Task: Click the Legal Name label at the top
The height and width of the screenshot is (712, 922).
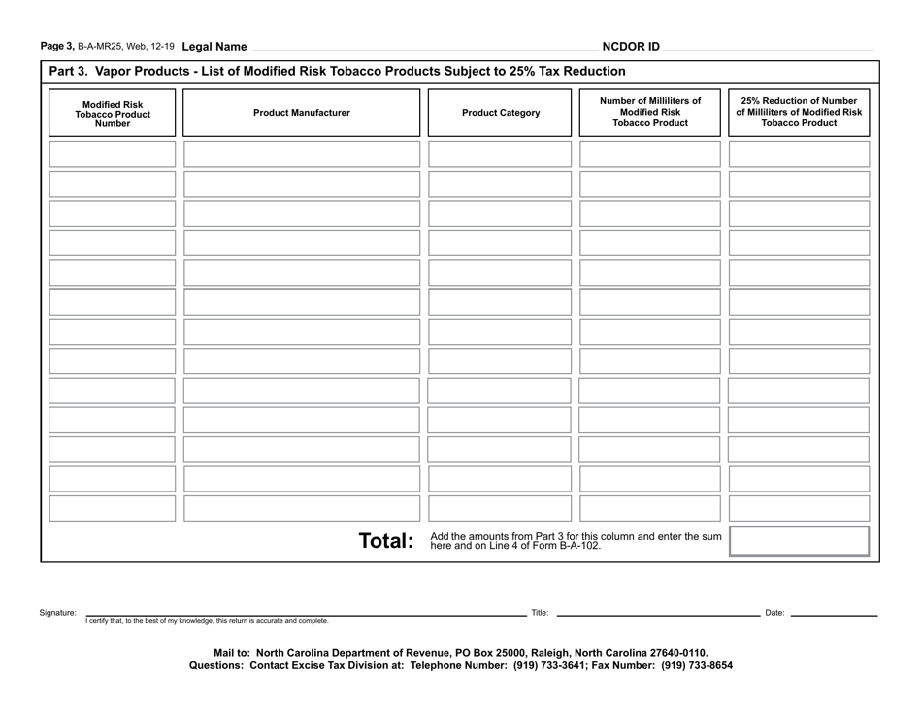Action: coord(214,46)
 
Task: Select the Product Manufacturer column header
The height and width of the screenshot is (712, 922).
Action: coord(301,113)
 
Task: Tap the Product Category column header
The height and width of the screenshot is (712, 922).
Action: coord(501,113)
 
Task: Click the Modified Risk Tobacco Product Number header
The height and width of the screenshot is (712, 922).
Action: coord(112,114)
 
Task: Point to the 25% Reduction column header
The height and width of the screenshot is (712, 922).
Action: coord(799,112)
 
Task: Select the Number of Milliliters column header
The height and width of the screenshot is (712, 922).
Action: coord(649,112)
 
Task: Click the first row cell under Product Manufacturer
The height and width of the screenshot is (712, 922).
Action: coord(301,153)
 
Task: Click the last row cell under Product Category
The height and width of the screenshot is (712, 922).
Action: coord(501,508)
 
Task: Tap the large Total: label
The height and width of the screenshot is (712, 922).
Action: coord(386,541)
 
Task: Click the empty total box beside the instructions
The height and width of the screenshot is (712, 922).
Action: coord(799,541)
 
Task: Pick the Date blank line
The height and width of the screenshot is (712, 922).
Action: coord(834,614)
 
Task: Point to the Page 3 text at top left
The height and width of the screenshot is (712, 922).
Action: coord(57,46)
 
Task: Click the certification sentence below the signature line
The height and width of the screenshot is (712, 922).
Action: coord(207,621)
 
